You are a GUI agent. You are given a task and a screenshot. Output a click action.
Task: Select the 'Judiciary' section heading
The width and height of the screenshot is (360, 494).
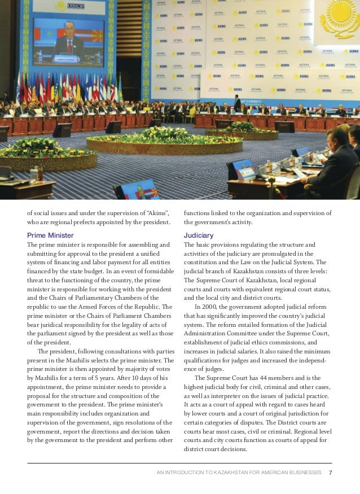click(x=199, y=235)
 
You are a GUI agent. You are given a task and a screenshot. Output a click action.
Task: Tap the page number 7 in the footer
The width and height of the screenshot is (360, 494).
click(x=331, y=472)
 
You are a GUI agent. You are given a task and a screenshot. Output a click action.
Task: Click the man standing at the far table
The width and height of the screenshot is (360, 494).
click(x=238, y=103)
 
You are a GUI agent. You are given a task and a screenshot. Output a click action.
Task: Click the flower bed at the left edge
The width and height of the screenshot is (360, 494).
click(x=28, y=151)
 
